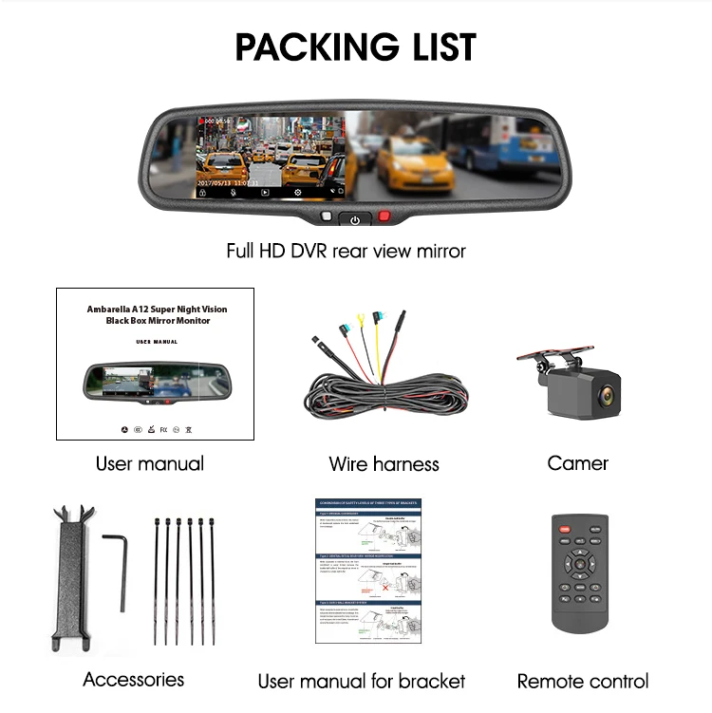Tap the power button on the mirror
(x=355, y=220)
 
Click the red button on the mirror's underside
(x=384, y=216)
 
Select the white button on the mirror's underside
(x=326, y=216)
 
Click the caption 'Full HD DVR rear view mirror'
(x=346, y=252)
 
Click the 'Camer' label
(x=577, y=463)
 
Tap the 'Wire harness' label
(x=384, y=464)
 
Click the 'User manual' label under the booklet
(x=149, y=463)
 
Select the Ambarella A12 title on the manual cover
(x=157, y=315)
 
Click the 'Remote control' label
(x=582, y=681)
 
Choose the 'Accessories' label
(x=133, y=679)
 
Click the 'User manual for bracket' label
(x=361, y=681)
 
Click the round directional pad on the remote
(x=579, y=563)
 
